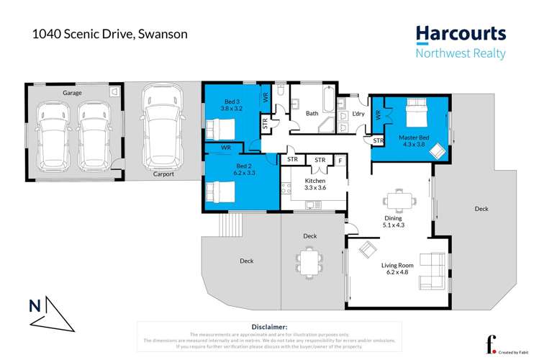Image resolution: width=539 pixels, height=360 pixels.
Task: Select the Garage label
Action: tap(71, 94)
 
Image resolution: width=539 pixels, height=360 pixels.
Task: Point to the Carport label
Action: tap(163, 174)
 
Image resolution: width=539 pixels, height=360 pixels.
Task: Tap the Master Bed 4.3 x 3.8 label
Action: tap(414, 141)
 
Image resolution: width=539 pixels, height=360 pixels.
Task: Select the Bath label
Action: tap(312, 113)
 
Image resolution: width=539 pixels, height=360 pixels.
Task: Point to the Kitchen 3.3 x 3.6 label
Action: tap(315, 184)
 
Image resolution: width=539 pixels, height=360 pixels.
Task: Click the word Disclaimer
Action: tap(270, 327)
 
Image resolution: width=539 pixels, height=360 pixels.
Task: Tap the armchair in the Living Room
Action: tap(367, 250)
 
